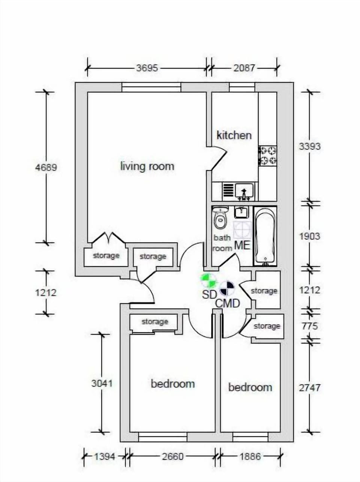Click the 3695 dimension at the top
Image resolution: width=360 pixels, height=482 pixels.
[147, 68]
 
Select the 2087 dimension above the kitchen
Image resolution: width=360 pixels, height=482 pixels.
[244, 68]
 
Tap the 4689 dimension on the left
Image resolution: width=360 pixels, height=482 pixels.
[46, 167]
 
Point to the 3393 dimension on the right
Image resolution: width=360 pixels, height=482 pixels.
[309, 146]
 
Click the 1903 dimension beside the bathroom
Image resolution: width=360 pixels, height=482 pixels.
[309, 236]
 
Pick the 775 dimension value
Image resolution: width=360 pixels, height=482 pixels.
[309, 326]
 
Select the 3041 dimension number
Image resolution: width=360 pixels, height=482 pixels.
[102, 383]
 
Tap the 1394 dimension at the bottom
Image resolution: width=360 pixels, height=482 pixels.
[105, 456]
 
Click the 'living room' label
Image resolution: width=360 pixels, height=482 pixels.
[147, 166]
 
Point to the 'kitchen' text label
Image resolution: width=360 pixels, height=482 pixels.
[234, 135]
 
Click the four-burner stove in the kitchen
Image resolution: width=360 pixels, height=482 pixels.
[268, 156]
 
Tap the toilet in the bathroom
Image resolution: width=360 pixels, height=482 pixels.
[220, 219]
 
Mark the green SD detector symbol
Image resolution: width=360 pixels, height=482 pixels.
[208, 280]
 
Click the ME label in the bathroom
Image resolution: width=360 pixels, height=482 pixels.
[242, 245]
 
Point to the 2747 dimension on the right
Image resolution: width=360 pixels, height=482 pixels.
[309, 387]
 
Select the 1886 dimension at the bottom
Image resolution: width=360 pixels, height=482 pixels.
[250, 456]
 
